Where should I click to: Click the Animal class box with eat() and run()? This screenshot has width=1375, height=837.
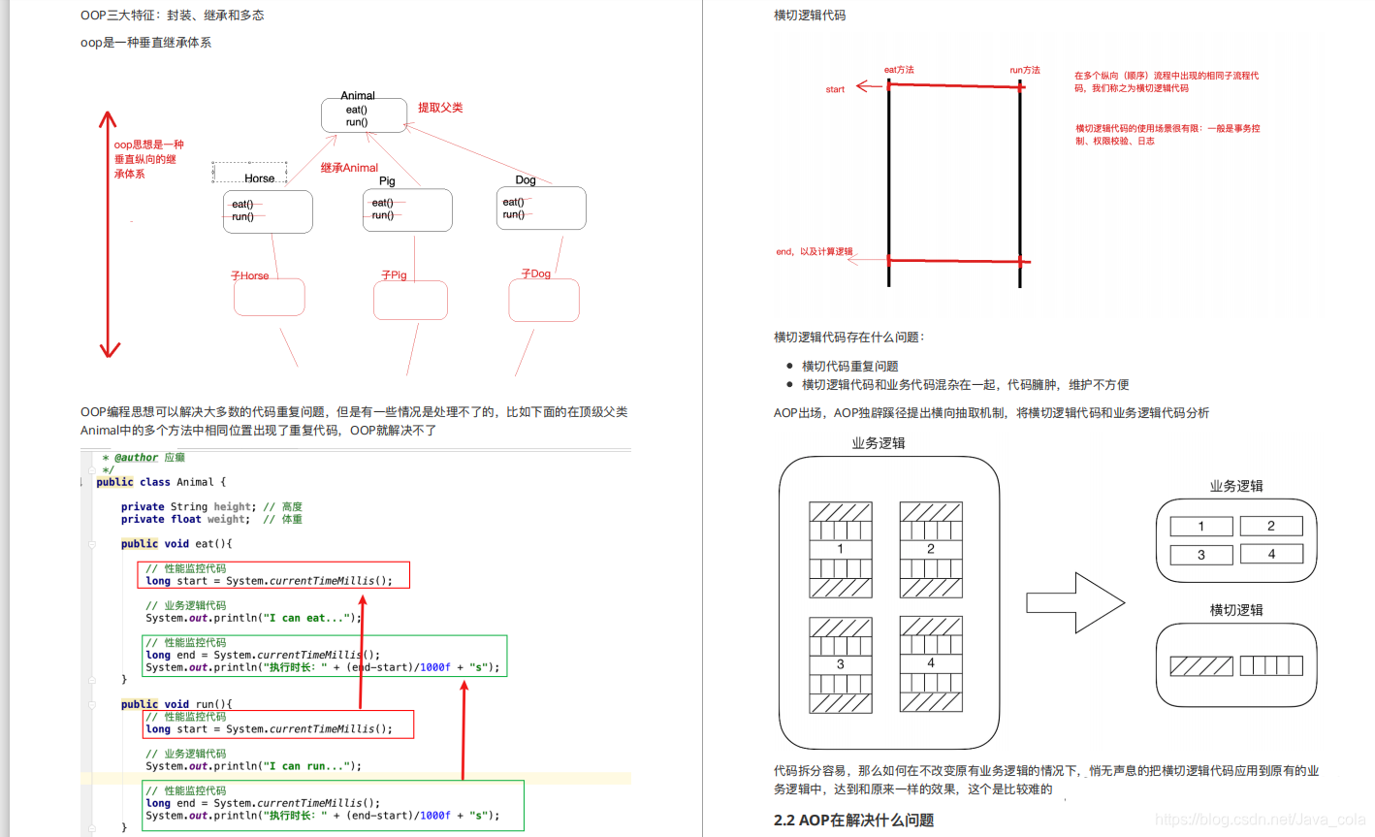tap(357, 115)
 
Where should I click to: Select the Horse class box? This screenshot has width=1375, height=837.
tap(268, 211)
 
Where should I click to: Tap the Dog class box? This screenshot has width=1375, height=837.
tap(540, 209)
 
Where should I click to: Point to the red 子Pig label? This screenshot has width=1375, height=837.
tap(394, 275)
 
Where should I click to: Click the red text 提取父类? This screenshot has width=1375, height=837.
tap(440, 108)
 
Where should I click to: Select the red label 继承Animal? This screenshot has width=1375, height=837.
tap(349, 168)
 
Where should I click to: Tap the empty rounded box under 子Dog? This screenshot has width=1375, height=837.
tap(544, 301)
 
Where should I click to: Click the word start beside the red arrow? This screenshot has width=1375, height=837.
tap(835, 89)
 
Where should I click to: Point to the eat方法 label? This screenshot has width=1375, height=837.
tap(899, 70)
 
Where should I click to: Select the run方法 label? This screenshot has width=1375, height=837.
tap(1024, 70)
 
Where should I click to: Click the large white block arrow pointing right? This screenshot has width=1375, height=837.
tap(1074, 603)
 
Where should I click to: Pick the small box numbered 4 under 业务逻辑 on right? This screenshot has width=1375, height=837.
tap(1271, 554)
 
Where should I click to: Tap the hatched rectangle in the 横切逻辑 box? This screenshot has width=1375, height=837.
tap(1201, 666)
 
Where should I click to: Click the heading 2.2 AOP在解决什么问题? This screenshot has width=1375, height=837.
tap(853, 821)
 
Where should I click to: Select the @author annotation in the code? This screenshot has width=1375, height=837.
tap(136, 458)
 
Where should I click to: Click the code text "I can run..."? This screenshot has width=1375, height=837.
tap(310, 766)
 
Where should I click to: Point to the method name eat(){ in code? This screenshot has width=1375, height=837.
tap(213, 544)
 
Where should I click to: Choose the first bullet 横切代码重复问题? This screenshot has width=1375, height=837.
tap(849, 367)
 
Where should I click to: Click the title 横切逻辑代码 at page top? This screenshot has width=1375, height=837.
tap(810, 16)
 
